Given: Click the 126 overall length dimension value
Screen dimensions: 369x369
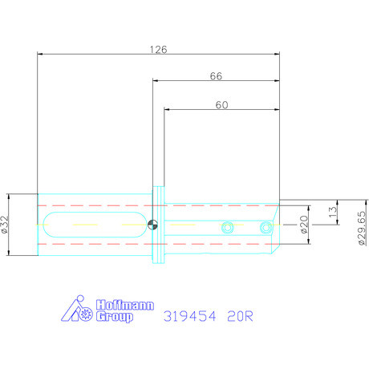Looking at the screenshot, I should click(159, 49).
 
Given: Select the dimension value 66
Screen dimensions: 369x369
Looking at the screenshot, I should click(216, 76).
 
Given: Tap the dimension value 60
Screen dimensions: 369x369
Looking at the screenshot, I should click(221, 104).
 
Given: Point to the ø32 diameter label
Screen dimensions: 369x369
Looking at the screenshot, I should click(6, 225).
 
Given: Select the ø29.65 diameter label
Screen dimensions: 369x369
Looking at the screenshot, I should click(362, 229).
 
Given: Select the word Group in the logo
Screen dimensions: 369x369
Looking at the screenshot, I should click(115, 317).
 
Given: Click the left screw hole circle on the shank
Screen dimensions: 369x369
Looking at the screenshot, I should click(228, 227).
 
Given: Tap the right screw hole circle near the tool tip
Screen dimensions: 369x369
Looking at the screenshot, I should click(264, 229).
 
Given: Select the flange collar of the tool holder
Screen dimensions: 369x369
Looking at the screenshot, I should click(160, 225).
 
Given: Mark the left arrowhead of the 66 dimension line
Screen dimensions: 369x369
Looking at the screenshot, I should click(156, 81).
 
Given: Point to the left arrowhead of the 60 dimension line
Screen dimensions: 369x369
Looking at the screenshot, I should click(168, 110).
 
